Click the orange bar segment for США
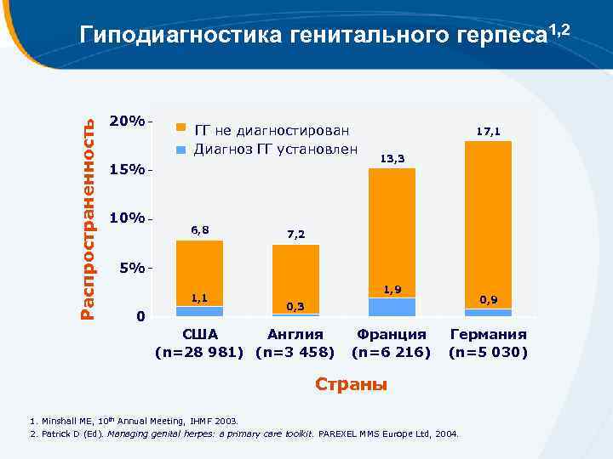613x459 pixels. point(199,272)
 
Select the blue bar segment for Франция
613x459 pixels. point(392,307)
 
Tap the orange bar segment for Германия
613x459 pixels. point(488,224)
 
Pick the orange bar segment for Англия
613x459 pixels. point(295,279)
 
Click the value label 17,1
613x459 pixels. point(488,132)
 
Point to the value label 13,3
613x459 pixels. point(392,159)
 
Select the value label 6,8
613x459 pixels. point(199,230)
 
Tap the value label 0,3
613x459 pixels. point(295,306)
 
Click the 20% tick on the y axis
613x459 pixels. point(127,121)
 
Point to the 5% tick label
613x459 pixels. point(131,268)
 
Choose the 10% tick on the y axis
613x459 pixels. point(127,218)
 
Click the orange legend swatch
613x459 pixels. point(180,128)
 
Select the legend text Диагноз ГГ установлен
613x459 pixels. point(275,150)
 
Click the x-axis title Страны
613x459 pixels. point(351,385)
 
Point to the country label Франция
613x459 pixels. point(392,335)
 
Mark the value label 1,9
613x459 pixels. point(392,290)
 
